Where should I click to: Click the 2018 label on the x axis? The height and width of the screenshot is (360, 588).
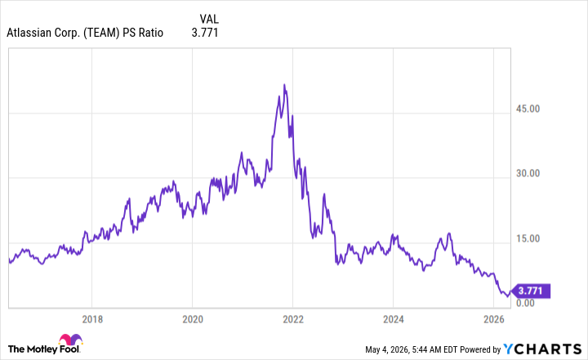[x=92, y=319]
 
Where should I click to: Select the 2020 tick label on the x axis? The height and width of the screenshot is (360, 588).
[x=193, y=319]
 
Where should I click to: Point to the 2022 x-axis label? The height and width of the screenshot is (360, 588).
[x=293, y=319]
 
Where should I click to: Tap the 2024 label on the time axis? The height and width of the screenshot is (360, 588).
[x=394, y=319]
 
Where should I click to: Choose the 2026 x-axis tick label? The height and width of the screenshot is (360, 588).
[x=494, y=319]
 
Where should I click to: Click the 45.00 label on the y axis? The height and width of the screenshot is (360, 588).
[x=528, y=109]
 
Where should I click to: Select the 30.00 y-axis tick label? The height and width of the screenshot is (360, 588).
[x=528, y=173]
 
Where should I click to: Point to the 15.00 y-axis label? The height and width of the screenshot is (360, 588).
[x=528, y=238]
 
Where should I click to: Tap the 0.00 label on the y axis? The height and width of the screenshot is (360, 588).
[x=525, y=303]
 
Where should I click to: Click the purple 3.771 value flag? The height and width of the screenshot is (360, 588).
[x=531, y=291]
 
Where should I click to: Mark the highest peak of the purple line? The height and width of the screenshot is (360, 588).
[x=284, y=85]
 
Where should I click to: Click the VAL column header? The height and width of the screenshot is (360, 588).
[x=209, y=19]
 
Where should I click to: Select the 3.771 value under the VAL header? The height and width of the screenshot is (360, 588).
[x=205, y=33]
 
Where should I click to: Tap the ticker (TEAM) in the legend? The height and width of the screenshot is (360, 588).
[x=101, y=33]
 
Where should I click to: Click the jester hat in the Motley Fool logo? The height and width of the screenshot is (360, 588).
[x=70, y=340]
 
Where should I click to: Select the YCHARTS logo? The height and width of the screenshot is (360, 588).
[x=542, y=349]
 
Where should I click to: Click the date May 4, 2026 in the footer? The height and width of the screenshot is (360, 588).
[x=386, y=349]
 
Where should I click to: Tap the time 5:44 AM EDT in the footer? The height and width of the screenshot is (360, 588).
[x=435, y=349]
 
